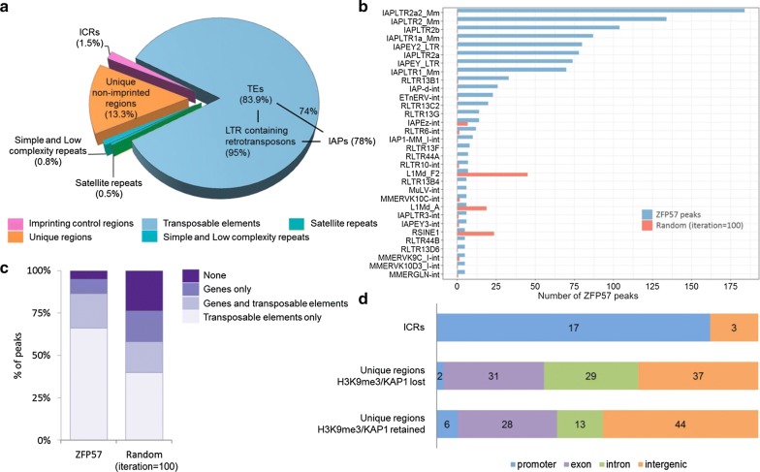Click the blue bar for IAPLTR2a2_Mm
pos(601,11)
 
